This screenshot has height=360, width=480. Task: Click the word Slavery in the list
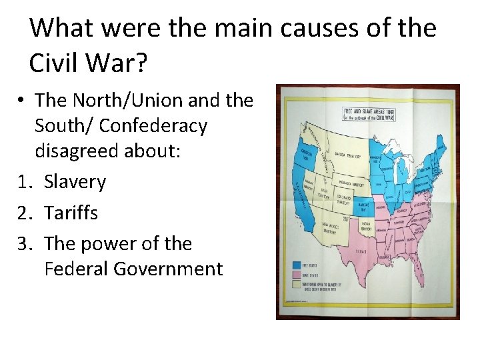pyautogui.click(x=75, y=181)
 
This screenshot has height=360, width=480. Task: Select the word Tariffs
pyautogui.click(x=71, y=213)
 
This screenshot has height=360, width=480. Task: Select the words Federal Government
pyautogui.click(x=133, y=269)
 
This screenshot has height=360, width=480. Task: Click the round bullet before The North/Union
pyautogui.click(x=22, y=101)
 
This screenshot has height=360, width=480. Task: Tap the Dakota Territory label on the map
pyautogui.click(x=347, y=157)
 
